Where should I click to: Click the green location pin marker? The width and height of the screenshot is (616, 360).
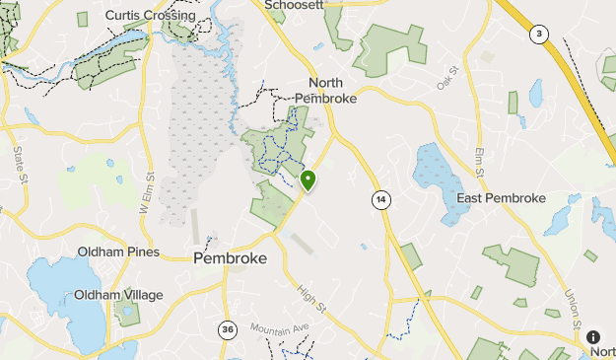pyautogui.click(x=308, y=180)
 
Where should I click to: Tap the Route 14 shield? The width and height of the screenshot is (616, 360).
pyautogui.click(x=380, y=200)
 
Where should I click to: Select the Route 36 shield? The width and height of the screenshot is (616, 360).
pyautogui.click(x=228, y=330)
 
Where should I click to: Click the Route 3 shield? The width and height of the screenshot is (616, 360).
pyautogui.click(x=538, y=34)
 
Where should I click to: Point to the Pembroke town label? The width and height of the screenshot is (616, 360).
pyautogui.click(x=230, y=257)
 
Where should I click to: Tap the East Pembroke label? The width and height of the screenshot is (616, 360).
pyautogui.click(x=501, y=198)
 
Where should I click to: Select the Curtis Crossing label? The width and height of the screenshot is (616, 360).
pyautogui.click(x=149, y=15)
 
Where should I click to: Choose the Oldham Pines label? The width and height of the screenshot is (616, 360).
pyautogui.click(x=119, y=252)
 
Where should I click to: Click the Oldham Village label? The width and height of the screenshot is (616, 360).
pyautogui.click(x=118, y=294)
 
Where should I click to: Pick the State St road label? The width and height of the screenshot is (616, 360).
pyautogui.click(x=19, y=166)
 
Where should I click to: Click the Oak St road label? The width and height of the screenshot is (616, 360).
pyautogui.click(x=448, y=78)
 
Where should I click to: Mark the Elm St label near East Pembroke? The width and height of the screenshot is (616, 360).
pyautogui.click(x=480, y=163)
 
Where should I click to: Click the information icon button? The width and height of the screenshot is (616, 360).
pyautogui.click(x=593, y=337)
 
